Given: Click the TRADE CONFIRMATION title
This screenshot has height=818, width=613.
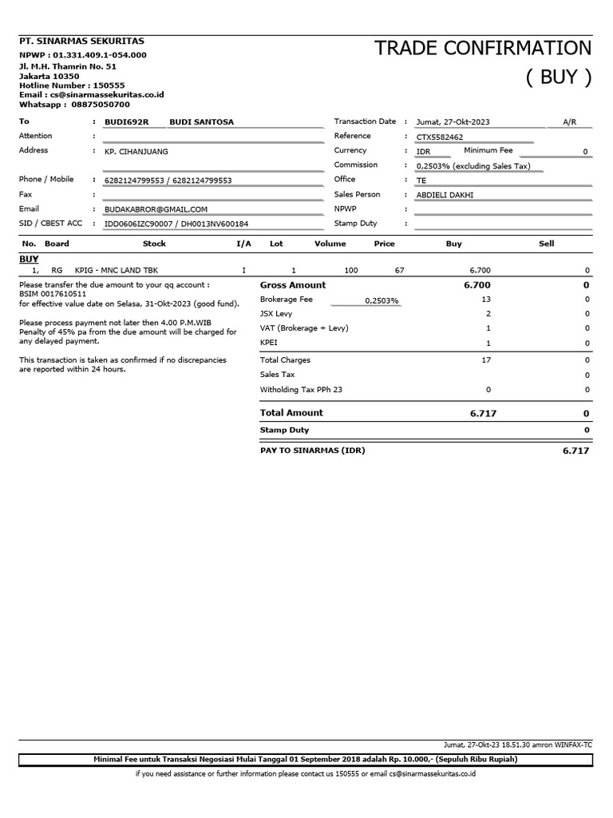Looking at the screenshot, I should [484, 48].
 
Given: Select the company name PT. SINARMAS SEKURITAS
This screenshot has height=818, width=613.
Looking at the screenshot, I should [70, 40].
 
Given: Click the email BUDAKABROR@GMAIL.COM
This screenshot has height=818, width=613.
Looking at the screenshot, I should [156, 209].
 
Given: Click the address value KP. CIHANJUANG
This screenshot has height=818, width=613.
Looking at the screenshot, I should [136, 151].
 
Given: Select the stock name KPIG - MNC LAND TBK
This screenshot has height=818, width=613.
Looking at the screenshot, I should [116, 271].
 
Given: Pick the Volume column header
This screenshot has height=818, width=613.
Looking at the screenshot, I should [330, 244].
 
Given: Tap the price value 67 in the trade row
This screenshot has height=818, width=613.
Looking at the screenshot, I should [399, 271].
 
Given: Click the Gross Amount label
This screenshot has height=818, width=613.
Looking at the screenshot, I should [293, 285].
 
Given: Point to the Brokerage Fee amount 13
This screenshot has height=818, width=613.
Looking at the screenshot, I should [486, 300].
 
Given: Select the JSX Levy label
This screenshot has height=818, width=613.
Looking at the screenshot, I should [276, 314].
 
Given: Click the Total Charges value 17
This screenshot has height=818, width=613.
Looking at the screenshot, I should [486, 360].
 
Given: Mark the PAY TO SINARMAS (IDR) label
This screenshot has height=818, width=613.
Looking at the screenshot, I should [312, 451].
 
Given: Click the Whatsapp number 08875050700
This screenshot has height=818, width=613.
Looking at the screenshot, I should [101, 105].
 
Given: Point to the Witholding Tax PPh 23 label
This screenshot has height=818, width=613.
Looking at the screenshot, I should [301, 390].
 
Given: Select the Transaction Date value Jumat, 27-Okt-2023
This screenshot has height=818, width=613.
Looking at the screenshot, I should [453, 122].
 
